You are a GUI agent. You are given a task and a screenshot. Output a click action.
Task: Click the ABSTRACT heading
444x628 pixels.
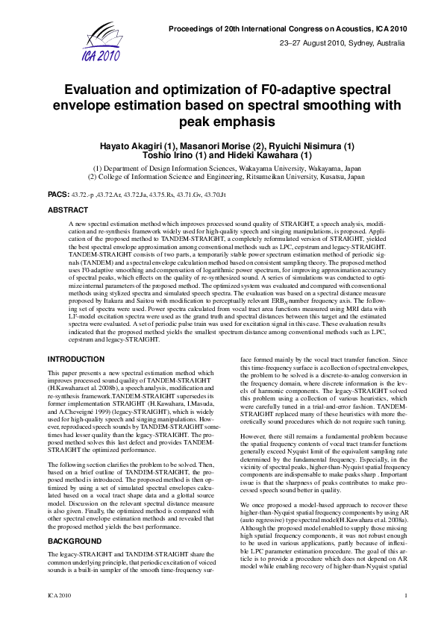[67, 211]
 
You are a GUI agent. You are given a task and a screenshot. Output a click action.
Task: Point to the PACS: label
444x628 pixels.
[59, 193]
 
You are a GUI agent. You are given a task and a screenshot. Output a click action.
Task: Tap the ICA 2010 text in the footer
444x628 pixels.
[59, 615]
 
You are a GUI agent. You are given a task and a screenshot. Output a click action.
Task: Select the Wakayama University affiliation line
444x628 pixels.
[227, 169]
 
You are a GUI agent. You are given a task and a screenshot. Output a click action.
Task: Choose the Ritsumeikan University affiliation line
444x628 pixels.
[227, 178]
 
